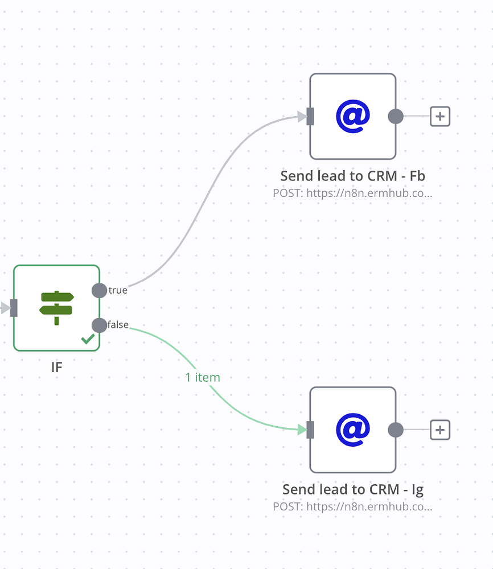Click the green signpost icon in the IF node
point(56,308)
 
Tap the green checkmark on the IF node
point(88,339)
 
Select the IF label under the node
point(56,367)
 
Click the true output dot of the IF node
point(99,290)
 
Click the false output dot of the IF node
point(99,325)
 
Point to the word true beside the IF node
point(118,290)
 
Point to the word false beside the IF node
point(118,325)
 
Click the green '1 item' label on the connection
point(203,377)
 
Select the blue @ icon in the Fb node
point(353,116)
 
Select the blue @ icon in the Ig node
point(353,430)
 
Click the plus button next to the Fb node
point(439,117)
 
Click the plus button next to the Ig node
point(439,430)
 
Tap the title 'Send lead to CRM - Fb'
point(353,176)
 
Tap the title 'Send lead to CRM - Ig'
point(353,489)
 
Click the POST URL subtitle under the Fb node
point(353,193)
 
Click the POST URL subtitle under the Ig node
point(353,506)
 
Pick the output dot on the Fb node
point(396,117)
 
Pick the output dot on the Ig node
point(396,430)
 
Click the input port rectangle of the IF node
point(14,308)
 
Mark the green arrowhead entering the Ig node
point(302,430)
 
